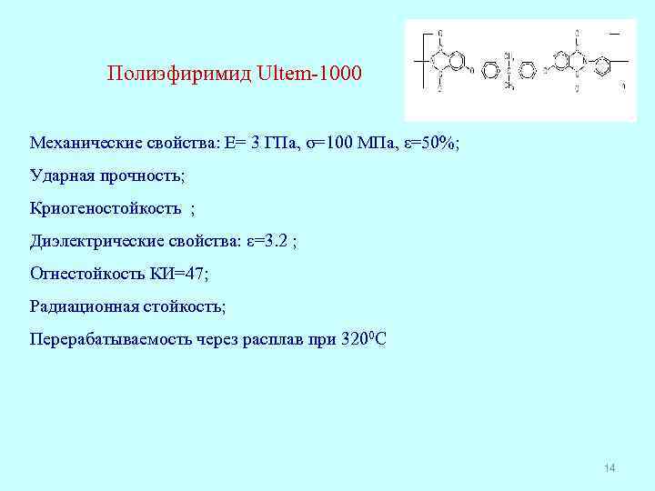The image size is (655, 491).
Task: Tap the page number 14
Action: click(x=610, y=467)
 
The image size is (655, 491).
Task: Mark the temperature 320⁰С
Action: click(x=363, y=338)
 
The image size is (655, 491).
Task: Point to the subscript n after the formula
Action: click(x=623, y=87)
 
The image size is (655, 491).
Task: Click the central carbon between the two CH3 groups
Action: click(x=509, y=68)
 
